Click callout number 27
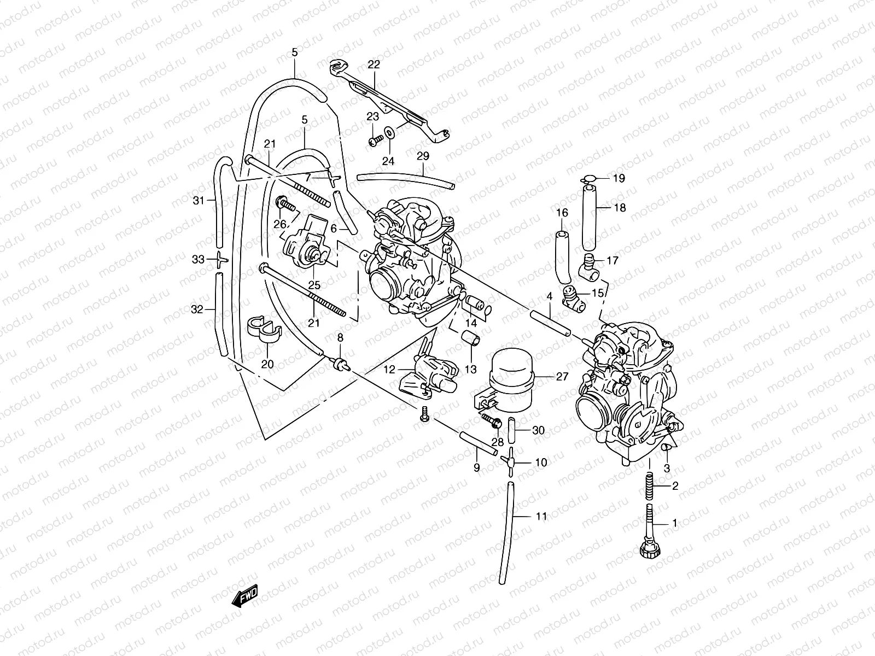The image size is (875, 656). [562, 376]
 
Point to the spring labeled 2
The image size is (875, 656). [649, 486]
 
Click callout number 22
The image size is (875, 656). [374, 65]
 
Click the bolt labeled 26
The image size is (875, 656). [286, 204]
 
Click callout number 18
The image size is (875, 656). [620, 208]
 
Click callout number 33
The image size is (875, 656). [197, 260]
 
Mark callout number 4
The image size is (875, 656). [549, 296]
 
